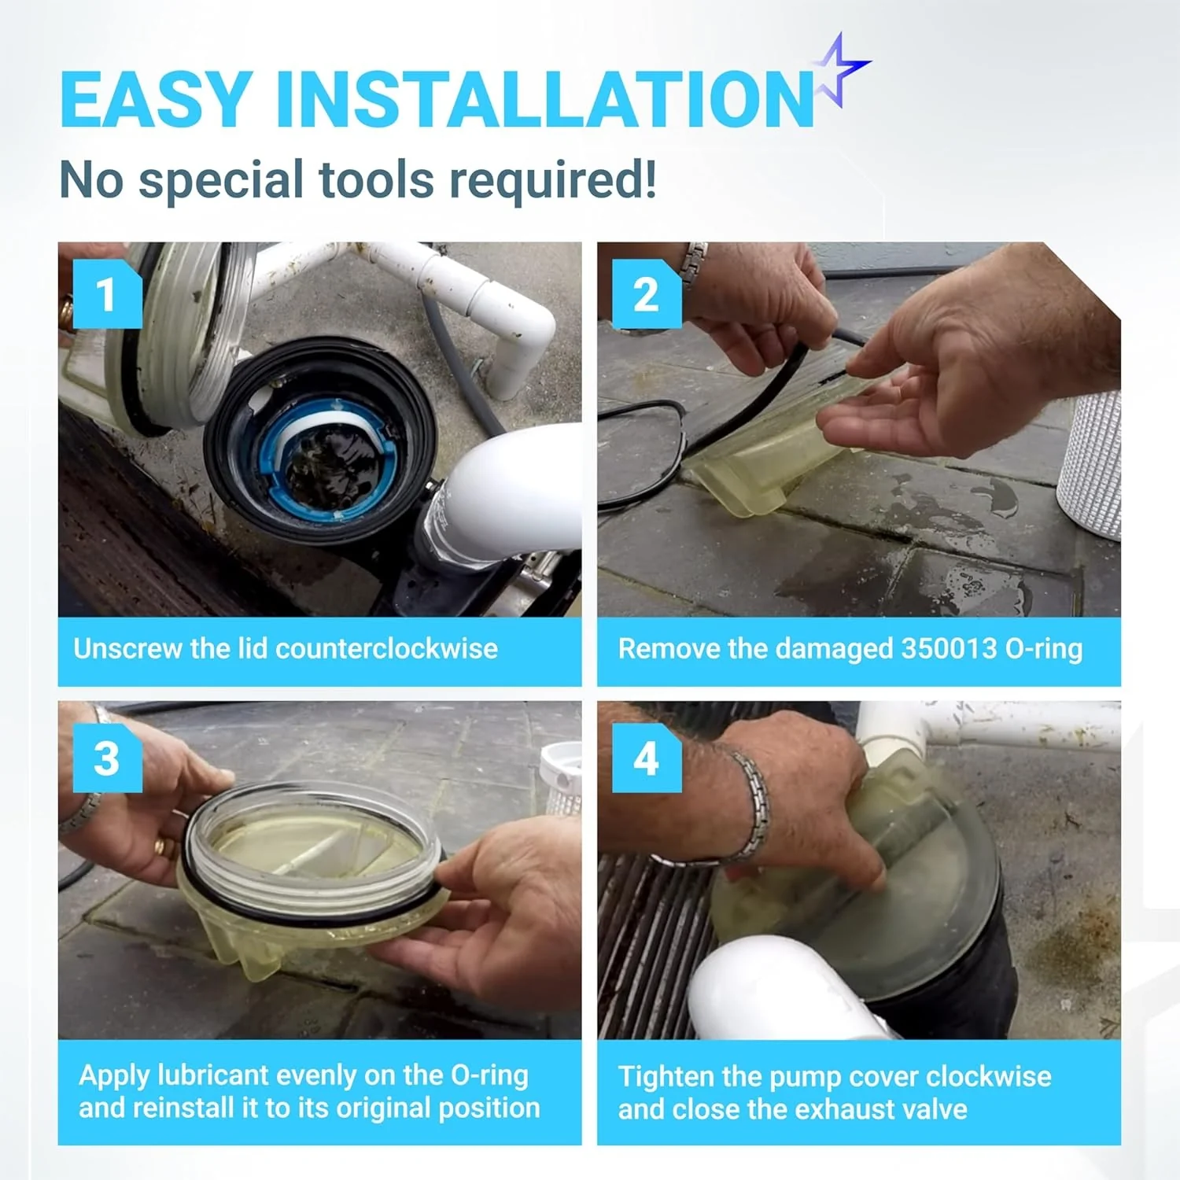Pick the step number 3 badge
pos(107,758)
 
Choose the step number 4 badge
pos(647,758)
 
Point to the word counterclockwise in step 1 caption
pos(386,648)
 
